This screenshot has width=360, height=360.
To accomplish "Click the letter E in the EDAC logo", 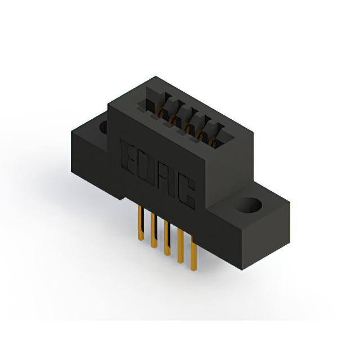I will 128,155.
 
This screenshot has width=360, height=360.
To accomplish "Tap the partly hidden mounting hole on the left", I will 103,127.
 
